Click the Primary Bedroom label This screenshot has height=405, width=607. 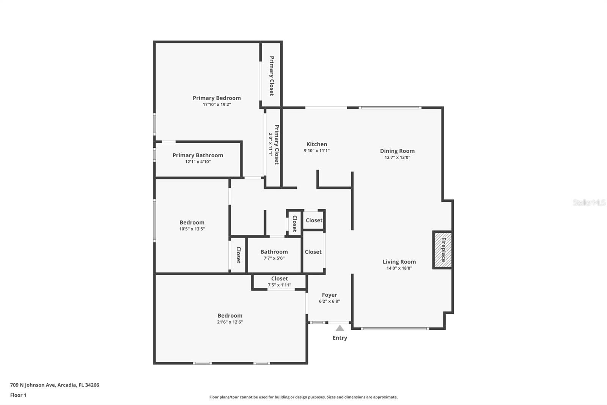pyautogui.click(x=217, y=98)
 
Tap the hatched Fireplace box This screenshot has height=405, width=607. pyautogui.click(x=443, y=250)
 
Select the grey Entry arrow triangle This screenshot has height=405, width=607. pyautogui.click(x=340, y=328)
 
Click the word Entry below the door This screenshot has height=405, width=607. pyautogui.click(x=340, y=338)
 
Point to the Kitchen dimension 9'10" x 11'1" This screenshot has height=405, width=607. pyautogui.click(x=317, y=151)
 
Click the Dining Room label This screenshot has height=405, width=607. pyautogui.click(x=397, y=151)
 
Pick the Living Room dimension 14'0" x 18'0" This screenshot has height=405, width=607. pyautogui.click(x=399, y=268)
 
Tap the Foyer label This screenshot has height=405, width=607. pyautogui.click(x=329, y=295)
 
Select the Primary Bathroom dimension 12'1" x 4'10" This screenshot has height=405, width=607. pyautogui.click(x=198, y=162)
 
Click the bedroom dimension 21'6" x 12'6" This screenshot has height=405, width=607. pyautogui.click(x=230, y=322)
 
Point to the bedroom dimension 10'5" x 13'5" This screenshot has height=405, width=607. pyautogui.click(x=192, y=229)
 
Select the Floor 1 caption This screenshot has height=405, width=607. pyautogui.click(x=18, y=395)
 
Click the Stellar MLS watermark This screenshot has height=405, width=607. pyautogui.click(x=589, y=202)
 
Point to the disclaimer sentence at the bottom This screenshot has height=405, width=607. pyautogui.click(x=303, y=397)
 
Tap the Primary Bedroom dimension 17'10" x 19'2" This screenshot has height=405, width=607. pyautogui.click(x=217, y=104)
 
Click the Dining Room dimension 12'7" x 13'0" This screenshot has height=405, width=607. pyautogui.click(x=397, y=157)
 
